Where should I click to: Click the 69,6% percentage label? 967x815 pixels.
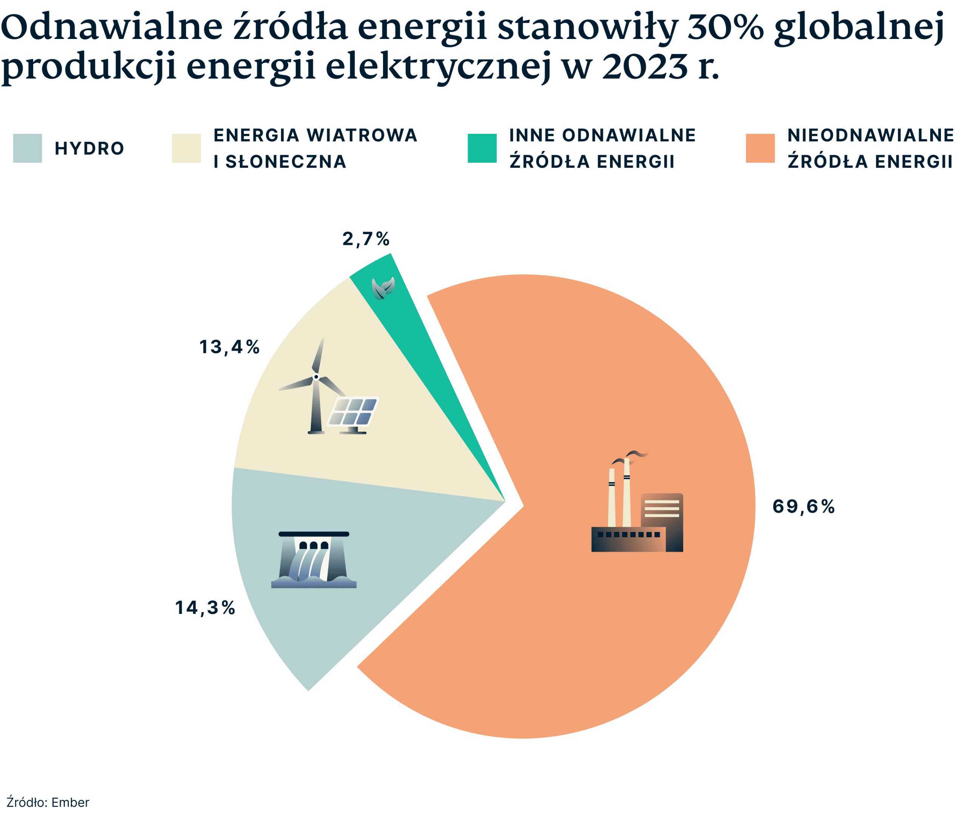pyautogui.click(x=803, y=507)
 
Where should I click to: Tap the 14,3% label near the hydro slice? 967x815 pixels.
pyautogui.click(x=205, y=608)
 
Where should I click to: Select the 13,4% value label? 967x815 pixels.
pyautogui.click(x=229, y=347)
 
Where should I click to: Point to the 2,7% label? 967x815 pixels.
pyautogui.click(x=366, y=239)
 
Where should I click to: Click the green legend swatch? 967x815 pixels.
pyautogui.click(x=482, y=148)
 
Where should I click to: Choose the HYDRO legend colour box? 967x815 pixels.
pyautogui.click(x=28, y=148)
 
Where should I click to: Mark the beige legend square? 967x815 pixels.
pyautogui.click(x=187, y=148)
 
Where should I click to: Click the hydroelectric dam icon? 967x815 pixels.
pyautogui.click(x=314, y=560)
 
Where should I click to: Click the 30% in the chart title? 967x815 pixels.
pyautogui.click(x=725, y=27)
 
